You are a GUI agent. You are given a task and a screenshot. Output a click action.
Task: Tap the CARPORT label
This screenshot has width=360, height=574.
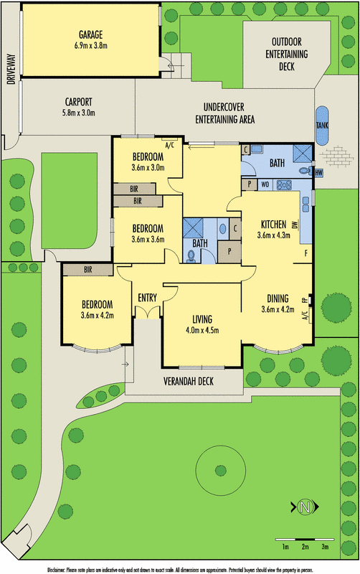77,101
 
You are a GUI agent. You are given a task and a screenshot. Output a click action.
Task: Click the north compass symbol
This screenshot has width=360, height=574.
306,507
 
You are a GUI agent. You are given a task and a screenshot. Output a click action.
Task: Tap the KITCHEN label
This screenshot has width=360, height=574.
274,223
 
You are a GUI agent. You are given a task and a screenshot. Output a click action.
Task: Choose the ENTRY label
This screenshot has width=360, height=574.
148,297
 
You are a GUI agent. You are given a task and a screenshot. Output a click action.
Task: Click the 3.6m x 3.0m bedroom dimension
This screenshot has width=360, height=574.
148,169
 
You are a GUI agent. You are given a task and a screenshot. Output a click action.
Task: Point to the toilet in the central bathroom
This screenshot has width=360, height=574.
190,255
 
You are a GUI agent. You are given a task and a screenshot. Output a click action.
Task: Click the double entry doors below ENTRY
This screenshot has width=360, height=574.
147,312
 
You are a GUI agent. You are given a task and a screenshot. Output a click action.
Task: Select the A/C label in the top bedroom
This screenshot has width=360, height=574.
170,144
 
